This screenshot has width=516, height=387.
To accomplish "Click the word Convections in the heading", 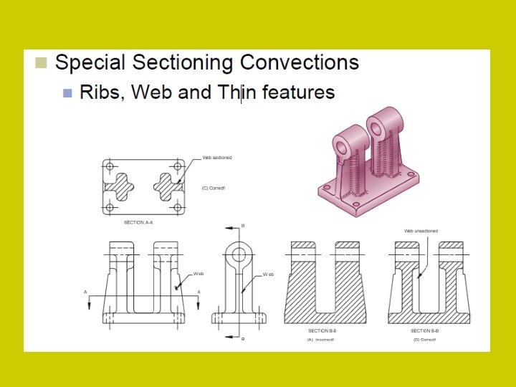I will (x=300, y=62).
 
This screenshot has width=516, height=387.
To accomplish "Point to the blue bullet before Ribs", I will (x=67, y=92).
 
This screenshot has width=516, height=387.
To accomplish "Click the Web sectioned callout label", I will (x=216, y=157).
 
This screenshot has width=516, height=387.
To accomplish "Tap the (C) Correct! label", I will (x=214, y=188).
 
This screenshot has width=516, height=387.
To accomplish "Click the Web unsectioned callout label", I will (x=421, y=231).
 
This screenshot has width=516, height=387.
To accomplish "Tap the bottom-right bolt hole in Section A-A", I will (x=177, y=207).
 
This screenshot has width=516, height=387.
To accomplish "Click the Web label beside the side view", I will (x=268, y=274).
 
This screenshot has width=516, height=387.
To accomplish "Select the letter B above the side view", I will (x=243, y=226).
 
